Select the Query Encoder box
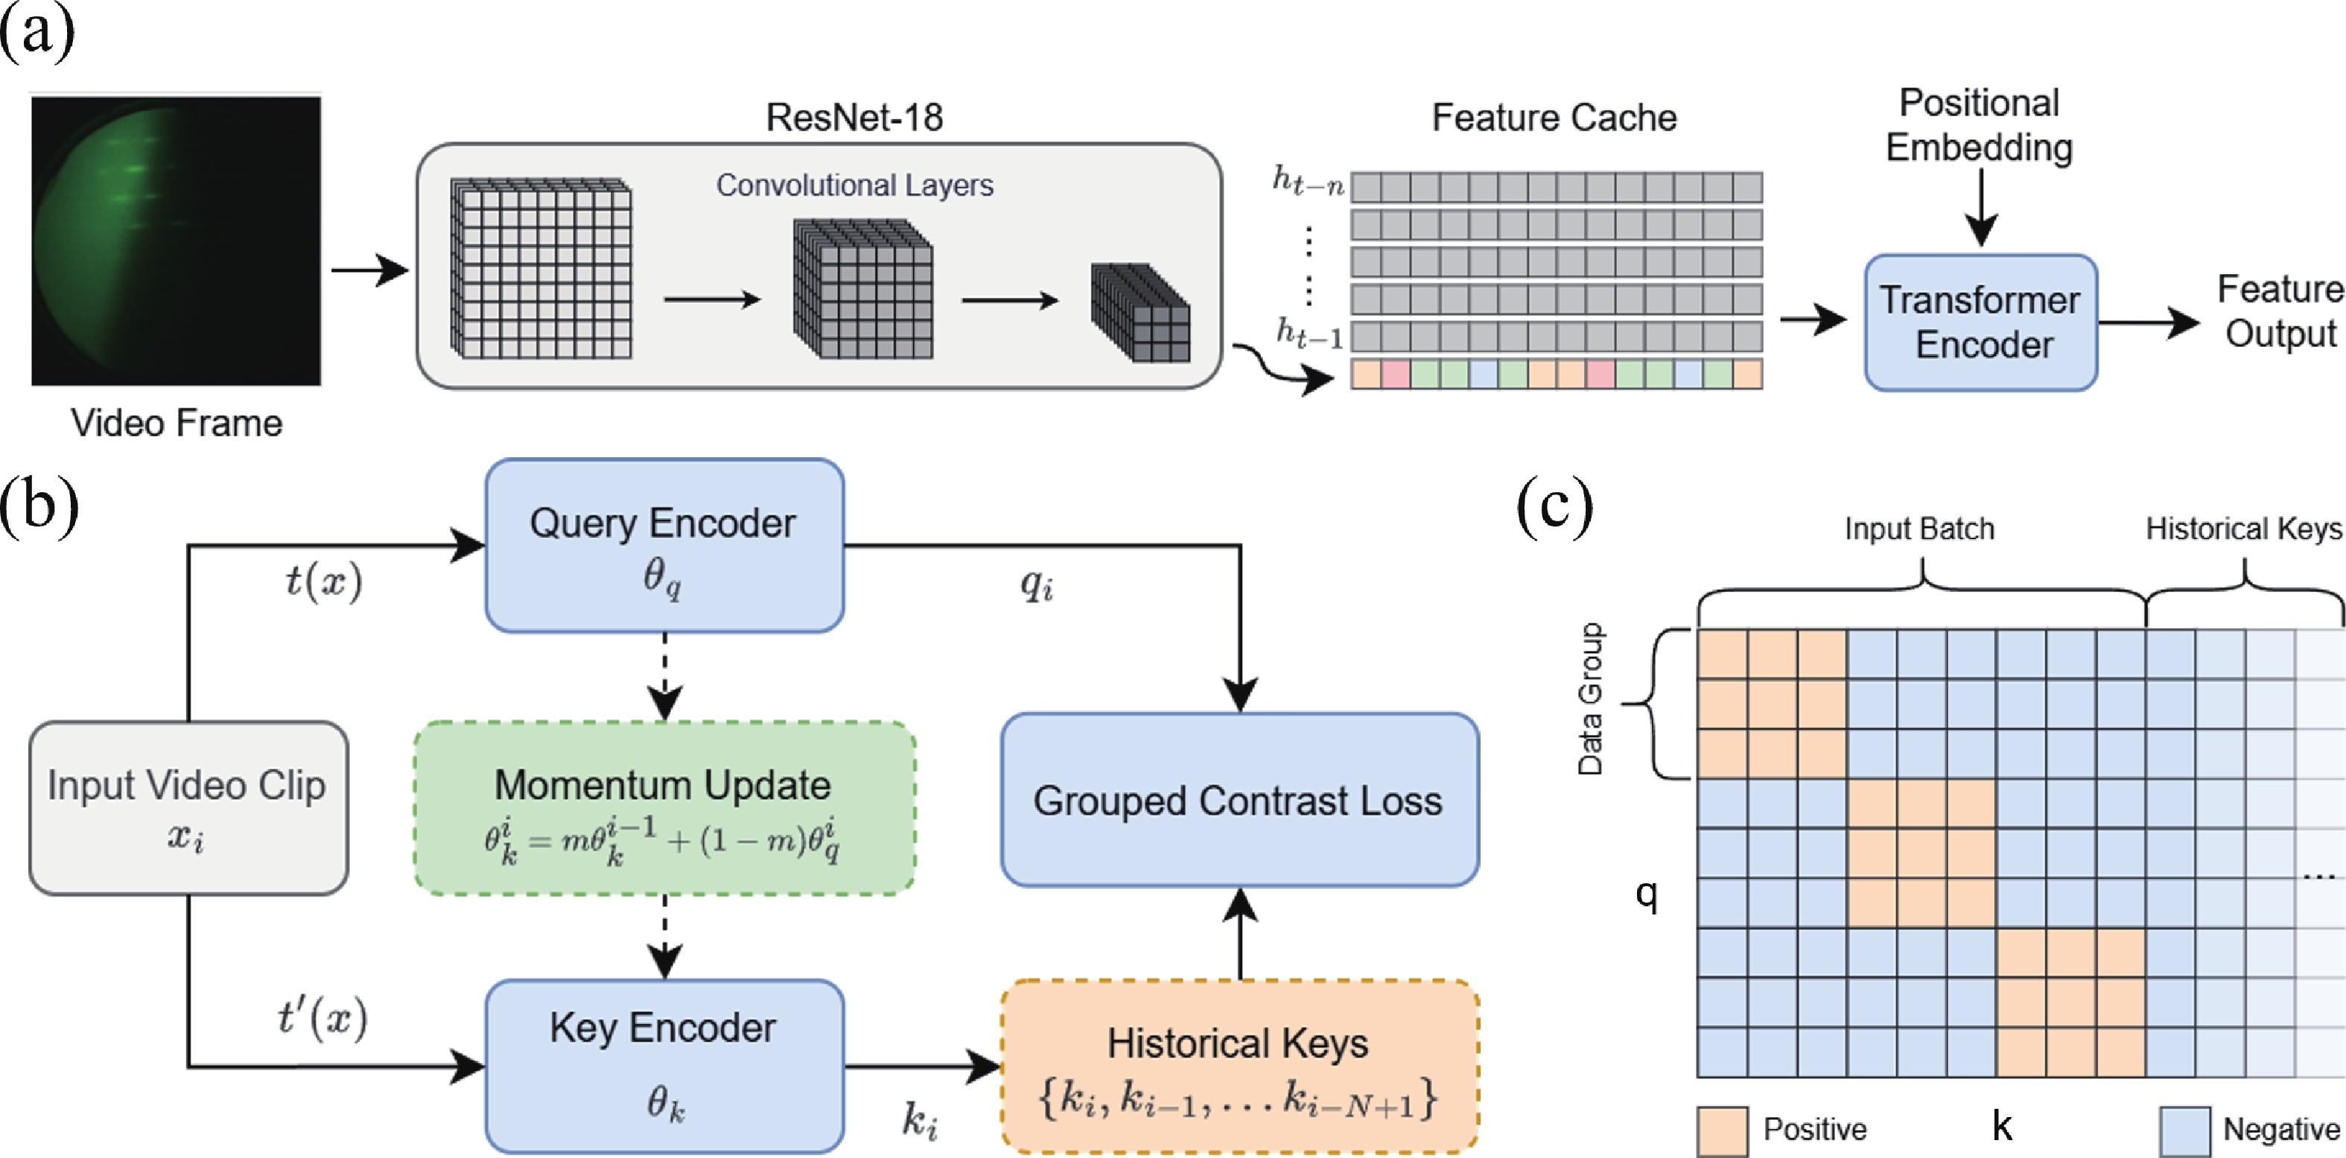coord(664,545)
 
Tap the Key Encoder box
coord(664,1065)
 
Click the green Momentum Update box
coord(664,807)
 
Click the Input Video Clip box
coord(188,807)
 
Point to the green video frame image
coord(176,241)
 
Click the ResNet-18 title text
coord(853,118)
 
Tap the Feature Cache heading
coord(1554,118)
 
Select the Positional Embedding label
coord(1978,124)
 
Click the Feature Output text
coord(2280,311)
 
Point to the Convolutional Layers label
coord(853,185)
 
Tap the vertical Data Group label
coord(1589,699)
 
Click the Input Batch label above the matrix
coord(1919,529)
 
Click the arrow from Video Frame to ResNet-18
coord(369,270)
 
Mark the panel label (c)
coord(1554,506)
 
